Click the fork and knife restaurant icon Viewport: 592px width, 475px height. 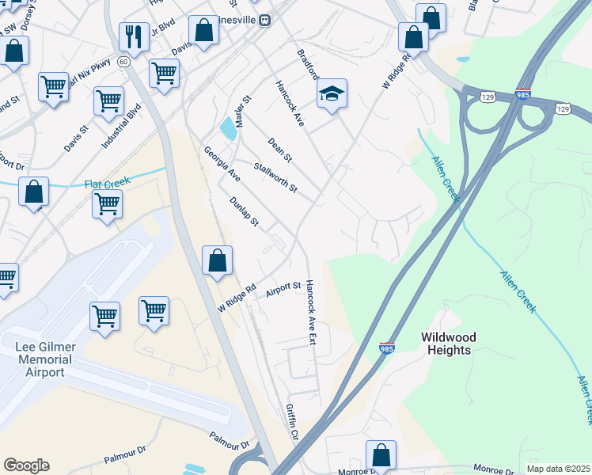point(134,36)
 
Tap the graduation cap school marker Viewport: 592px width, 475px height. point(332,94)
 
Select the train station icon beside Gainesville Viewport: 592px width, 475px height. point(267,21)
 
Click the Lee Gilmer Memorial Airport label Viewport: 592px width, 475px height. point(44,359)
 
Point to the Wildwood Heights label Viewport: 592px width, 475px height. point(446,343)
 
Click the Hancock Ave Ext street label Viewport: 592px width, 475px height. point(312,313)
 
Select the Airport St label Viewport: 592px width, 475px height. point(283,290)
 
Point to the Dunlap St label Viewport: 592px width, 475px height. point(244,211)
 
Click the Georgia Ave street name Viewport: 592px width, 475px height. point(222,164)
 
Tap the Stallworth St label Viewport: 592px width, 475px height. point(275,178)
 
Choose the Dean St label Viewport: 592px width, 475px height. point(280,149)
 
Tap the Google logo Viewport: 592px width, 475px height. point(26,465)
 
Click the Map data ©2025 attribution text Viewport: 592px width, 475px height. point(558,469)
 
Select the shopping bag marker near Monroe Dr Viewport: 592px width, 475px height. point(381,456)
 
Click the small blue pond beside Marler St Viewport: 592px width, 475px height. point(228,127)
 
